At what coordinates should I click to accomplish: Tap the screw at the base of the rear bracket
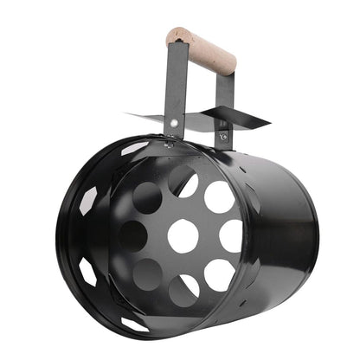(223, 137)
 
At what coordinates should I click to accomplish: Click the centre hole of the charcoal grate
(183, 235)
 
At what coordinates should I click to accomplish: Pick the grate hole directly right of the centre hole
(230, 235)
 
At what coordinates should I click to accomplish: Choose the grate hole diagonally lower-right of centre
(218, 275)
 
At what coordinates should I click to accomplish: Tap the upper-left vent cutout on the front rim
(89, 200)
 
